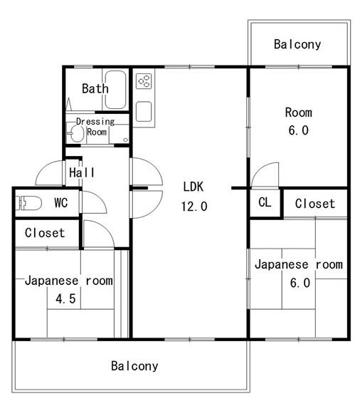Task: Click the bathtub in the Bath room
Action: (115, 90)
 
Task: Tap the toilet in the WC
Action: (28, 203)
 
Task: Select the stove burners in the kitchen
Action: (144, 81)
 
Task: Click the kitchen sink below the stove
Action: (144, 112)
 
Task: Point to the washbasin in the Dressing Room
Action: (76, 133)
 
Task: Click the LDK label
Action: (194, 187)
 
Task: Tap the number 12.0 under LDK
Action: (194, 206)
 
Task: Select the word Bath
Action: (95, 88)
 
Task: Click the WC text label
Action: (61, 203)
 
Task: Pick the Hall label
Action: (82, 172)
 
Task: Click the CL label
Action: (265, 202)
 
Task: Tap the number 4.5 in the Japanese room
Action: (65, 298)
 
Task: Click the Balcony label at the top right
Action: (297, 44)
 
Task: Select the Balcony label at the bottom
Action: (134, 366)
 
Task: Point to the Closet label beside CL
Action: (314, 204)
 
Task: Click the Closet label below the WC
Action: (45, 233)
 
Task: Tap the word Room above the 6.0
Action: (298, 113)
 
